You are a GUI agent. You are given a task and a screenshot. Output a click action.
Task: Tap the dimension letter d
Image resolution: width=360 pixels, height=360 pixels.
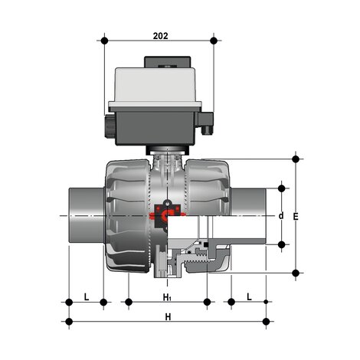click(x=281, y=216)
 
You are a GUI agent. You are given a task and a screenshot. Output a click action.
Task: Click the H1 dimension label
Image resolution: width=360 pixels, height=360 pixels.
click(x=168, y=296)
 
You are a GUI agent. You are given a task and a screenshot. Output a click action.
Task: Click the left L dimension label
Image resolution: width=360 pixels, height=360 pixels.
click(x=87, y=296)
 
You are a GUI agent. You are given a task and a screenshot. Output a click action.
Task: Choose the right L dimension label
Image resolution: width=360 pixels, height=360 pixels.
click(x=249, y=296)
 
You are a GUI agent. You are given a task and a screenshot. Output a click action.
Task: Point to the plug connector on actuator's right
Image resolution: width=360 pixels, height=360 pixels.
click(x=207, y=123)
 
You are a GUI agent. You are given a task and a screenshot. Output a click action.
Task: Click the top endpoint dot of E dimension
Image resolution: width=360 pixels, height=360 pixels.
click(x=296, y=159)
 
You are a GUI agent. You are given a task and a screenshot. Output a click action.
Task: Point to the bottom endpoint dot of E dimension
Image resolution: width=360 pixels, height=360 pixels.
click(x=296, y=272)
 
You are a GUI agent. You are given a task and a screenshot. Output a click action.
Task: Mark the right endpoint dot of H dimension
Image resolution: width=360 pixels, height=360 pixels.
click(x=266, y=322)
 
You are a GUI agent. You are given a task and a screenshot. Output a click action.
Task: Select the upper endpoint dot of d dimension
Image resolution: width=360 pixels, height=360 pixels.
click(x=281, y=187)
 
